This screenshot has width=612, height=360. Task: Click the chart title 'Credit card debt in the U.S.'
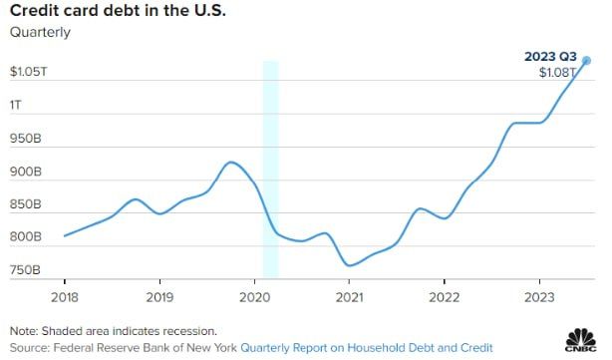point(118,10)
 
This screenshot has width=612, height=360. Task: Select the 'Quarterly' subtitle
point(40,32)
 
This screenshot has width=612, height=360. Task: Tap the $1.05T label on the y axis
point(29,72)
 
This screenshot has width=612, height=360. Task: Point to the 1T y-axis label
point(16,105)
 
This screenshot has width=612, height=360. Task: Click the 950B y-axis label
point(25,139)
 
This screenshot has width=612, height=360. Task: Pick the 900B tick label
point(25,172)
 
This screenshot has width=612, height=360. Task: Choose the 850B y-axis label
point(25,204)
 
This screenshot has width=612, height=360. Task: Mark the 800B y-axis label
point(25,237)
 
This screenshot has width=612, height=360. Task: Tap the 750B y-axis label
point(25,270)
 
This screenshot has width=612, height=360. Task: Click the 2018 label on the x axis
point(65,297)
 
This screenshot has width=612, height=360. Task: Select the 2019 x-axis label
point(159,297)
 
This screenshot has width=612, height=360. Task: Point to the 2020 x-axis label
point(254,297)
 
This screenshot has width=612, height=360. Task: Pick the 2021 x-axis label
point(349,297)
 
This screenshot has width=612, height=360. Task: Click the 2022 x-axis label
point(445,297)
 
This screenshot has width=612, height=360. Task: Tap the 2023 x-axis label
point(539,297)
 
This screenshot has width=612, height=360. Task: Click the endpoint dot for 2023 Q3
point(586,61)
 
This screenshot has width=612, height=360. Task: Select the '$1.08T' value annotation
point(557,72)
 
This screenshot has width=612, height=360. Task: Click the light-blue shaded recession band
point(270,170)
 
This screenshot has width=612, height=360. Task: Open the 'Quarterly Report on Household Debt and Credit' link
point(367,347)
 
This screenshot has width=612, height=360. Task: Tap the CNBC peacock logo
point(581,340)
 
